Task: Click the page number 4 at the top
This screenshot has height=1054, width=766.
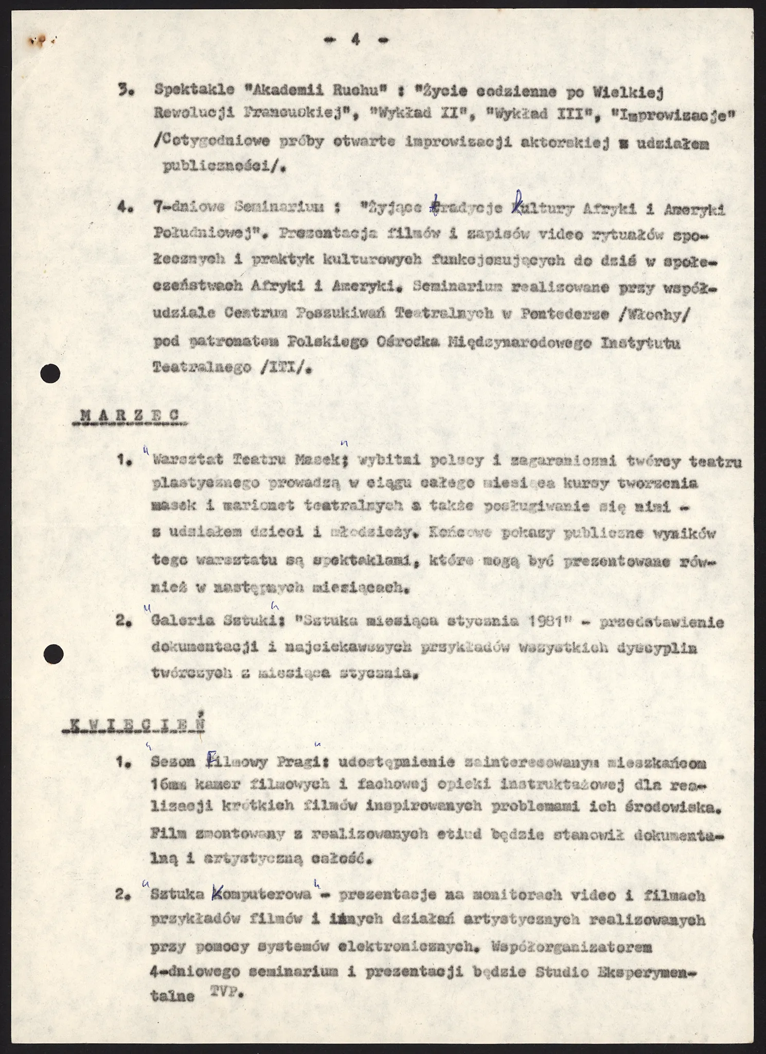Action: click(355, 41)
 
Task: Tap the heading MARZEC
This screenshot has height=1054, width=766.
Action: click(129, 416)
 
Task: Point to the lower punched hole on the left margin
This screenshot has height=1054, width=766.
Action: click(53, 654)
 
